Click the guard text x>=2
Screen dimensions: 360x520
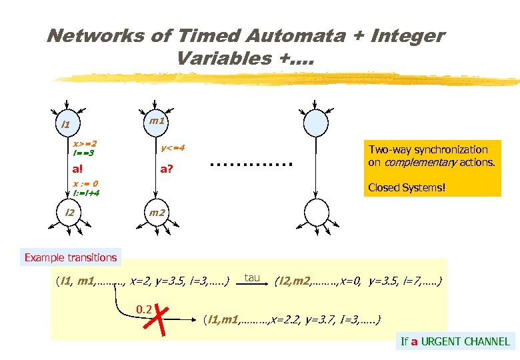[x=85, y=143]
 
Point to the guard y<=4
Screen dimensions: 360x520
[x=173, y=148]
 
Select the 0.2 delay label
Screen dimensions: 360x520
[x=144, y=309]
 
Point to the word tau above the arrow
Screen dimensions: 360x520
[x=252, y=277]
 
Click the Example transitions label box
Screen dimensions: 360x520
[x=71, y=257]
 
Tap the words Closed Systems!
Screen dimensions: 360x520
[x=406, y=188]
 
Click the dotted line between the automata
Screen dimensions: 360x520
[x=251, y=163]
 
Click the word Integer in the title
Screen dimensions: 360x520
[x=399, y=35]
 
